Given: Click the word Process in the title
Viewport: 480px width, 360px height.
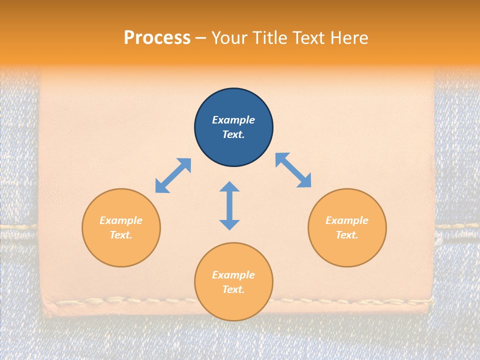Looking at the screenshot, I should coord(157,38).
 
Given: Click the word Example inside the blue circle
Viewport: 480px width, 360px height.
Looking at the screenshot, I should coord(233,120).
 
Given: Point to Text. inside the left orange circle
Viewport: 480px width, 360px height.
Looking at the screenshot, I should coord(121,235).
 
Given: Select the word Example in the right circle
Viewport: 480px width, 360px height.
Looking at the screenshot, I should coord(347,220).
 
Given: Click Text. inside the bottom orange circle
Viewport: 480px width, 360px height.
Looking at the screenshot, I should coord(233,289).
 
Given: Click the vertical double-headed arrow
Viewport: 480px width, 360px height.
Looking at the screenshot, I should coord(229,205).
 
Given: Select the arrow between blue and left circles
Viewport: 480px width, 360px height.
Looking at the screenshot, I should coord(173,175).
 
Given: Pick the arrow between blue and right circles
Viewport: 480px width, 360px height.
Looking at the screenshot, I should coord(293,170).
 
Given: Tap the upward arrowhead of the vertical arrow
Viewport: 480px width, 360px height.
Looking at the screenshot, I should coord(229,187).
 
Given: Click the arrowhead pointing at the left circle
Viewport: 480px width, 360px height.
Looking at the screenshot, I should coord(161,186).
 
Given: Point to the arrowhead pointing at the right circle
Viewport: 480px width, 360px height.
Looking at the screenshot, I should coord(304,181).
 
